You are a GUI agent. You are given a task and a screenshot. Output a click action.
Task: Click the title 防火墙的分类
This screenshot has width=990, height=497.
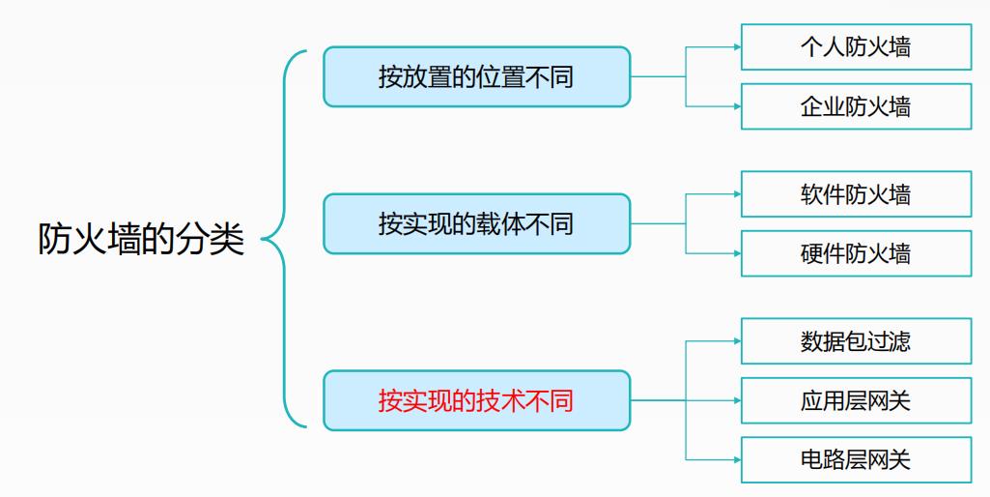pyautogui.click(x=141, y=240)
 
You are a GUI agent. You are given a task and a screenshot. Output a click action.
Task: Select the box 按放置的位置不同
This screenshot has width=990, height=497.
pyautogui.click(x=476, y=77)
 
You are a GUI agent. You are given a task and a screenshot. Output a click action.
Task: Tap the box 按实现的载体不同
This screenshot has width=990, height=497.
pyautogui.click(x=476, y=224)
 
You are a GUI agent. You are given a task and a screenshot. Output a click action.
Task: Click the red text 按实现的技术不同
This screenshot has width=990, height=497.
pyautogui.click(x=476, y=400)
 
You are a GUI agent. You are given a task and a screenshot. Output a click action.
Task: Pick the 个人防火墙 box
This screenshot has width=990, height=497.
pyautogui.click(x=856, y=47)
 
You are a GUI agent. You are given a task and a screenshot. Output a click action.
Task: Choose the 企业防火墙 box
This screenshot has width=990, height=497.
pyautogui.click(x=856, y=106)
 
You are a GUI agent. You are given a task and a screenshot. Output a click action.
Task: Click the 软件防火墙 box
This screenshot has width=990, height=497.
pyautogui.click(x=856, y=194)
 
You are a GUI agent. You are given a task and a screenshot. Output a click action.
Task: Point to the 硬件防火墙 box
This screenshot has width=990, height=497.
pyautogui.click(x=856, y=253)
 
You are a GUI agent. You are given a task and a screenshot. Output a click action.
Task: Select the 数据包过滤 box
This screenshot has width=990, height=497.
pyautogui.click(x=856, y=341)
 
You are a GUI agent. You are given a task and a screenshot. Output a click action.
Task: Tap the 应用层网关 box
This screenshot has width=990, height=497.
pyautogui.click(x=856, y=400)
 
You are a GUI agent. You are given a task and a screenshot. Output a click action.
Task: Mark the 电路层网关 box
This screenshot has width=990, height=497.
pyautogui.click(x=856, y=459)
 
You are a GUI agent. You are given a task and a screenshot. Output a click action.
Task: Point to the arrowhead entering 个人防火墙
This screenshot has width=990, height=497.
pyautogui.click(x=736, y=47)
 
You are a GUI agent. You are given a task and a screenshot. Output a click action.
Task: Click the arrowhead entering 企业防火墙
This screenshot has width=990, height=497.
pyautogui.click(x=736, y=106)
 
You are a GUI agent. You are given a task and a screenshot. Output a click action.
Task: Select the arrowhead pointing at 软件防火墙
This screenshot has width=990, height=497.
pyautogui.click(x=736, y=194)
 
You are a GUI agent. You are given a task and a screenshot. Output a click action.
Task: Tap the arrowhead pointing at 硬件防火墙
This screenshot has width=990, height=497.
pyautogui.click(x=736, y=253)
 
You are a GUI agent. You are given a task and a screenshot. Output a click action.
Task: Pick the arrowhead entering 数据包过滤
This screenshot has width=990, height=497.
pyautogui.click(x=736, y=341)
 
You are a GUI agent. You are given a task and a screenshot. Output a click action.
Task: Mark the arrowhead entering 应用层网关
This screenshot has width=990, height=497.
pyautogui.click(x=736, y=400)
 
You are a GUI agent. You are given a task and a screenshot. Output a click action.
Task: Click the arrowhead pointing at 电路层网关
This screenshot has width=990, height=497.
pyautogui.click(x=736, y=459)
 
